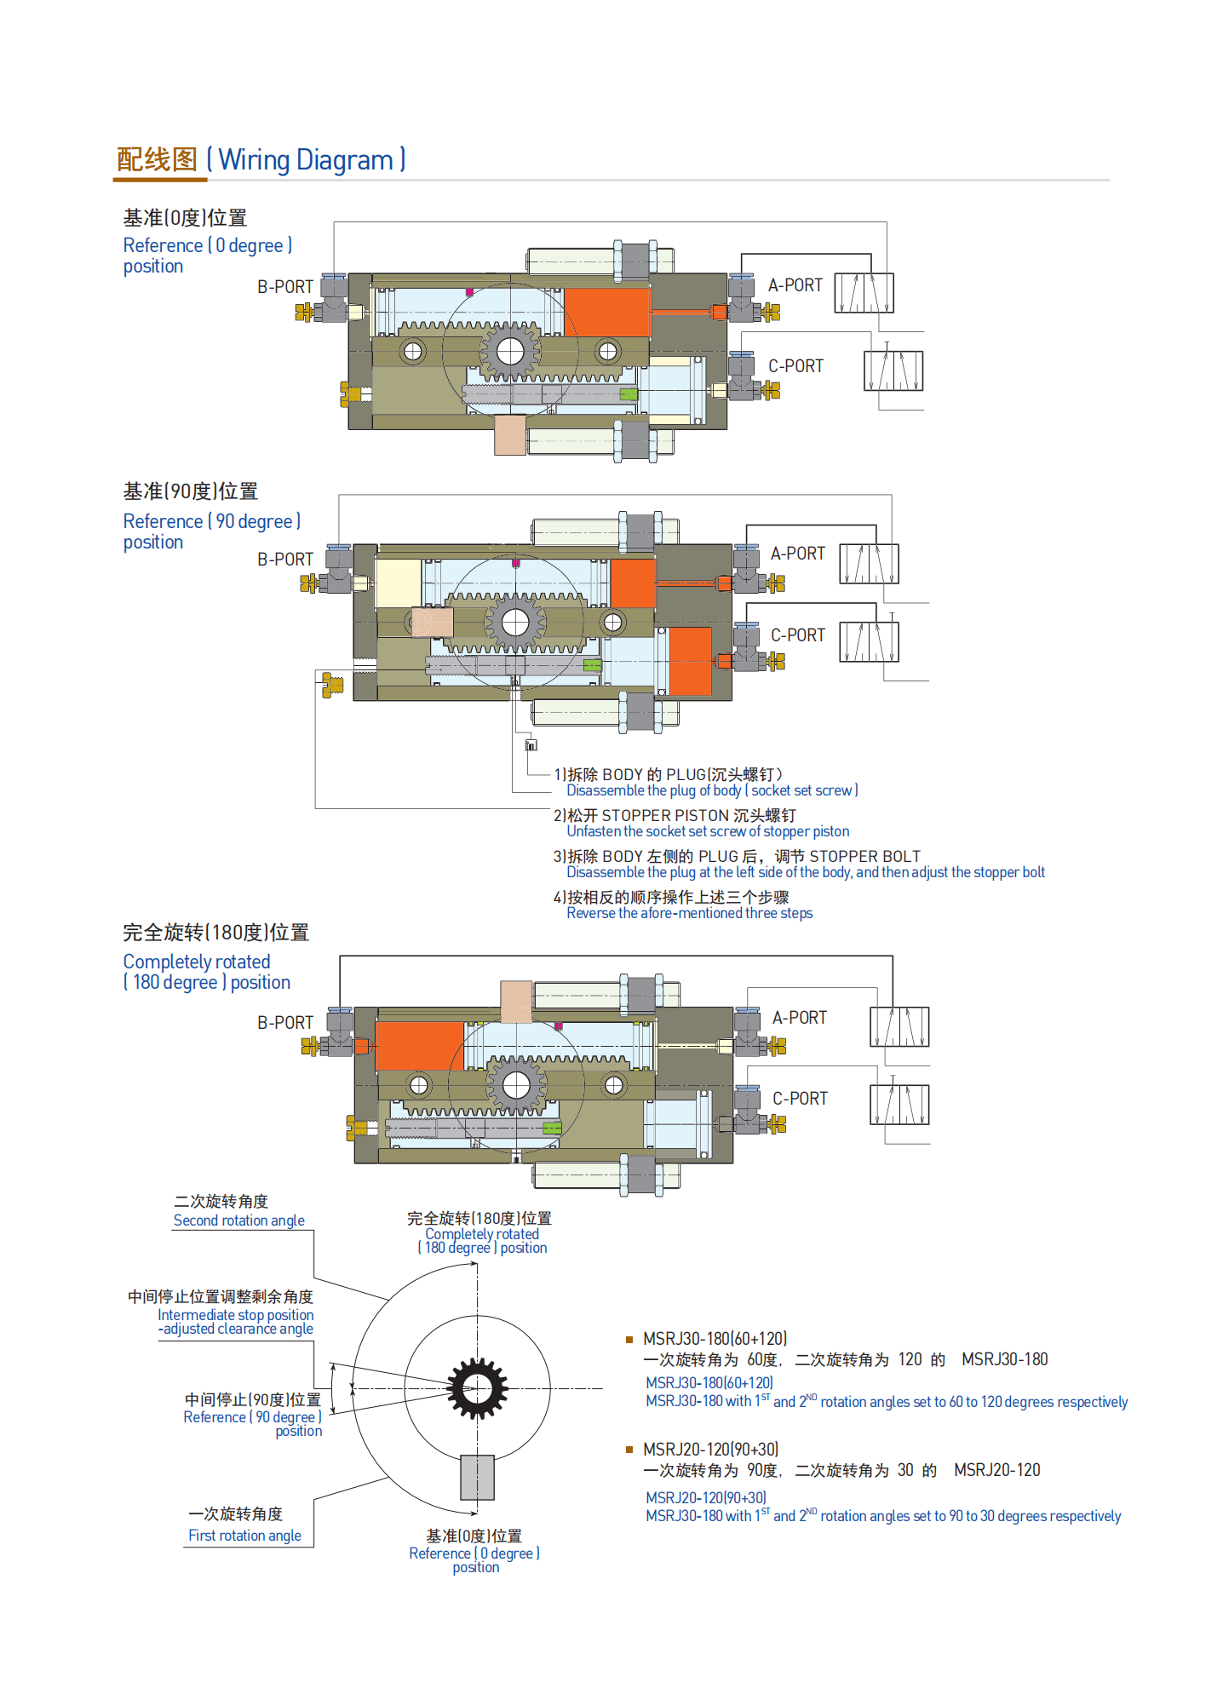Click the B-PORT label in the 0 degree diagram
click(x=285, y=287)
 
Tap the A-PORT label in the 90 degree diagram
click(x=797, y=554)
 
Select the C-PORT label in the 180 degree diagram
click(x=800, y=1099)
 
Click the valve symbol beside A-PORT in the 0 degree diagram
click(x=864, y=293)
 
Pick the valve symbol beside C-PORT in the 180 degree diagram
click(x=899, y=1105)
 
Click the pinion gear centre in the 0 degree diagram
click(x=510, y=351)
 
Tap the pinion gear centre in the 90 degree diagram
click(x=515, y=623)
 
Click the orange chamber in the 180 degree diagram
click(x=419, y=1045)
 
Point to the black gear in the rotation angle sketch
click(x=477, y=1388)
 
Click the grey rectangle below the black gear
click(x=477, y=1478)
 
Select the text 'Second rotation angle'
click(x=238, y=1220)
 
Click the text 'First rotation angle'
click(x=244, y=1536)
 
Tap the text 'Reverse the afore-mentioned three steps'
click(x=689, y=913)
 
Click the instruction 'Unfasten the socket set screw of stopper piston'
click(x=708, y=831)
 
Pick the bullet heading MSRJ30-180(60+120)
click(x=715, y=1339)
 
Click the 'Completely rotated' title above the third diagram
click(x=197, y=962)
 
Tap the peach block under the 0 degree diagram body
click(x=510, y=434)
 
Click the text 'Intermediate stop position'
click(x=235, y=1315)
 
